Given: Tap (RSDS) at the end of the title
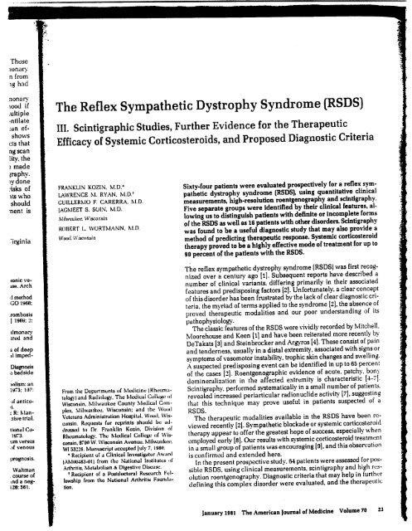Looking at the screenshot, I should tap(365, 131).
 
